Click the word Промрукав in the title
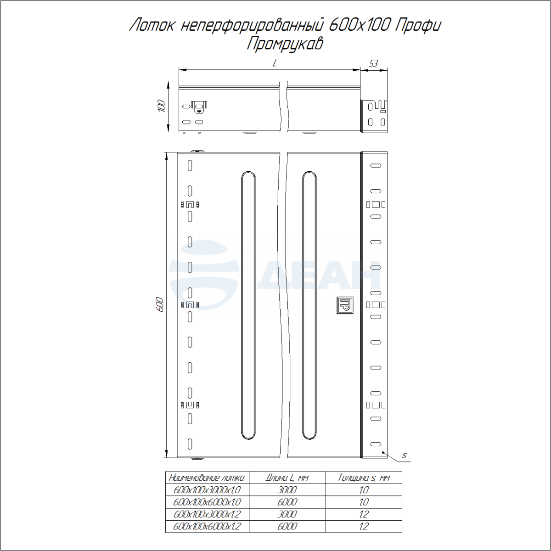click(x=285, y=45)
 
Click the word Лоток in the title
click(x=152, y=25)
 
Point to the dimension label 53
click(x=373, y=63)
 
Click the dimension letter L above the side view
click(x=275, y=63)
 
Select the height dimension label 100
click(x=162, y=106)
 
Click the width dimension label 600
click(x=160, y=305)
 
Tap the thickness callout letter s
click(x=404, y=455)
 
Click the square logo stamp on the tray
click(x=345, y=305)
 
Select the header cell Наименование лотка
click(x=207, y=478)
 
